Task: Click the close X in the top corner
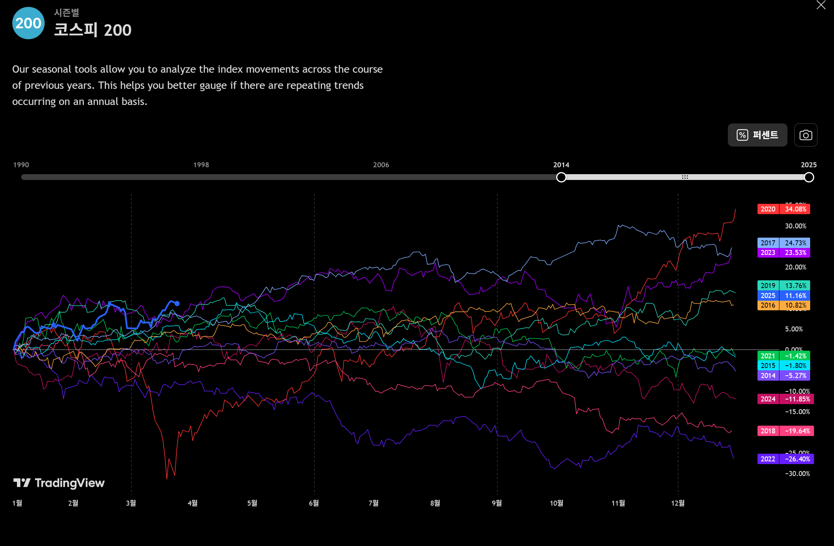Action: click(821, 5)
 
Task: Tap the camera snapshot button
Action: click(806, 135)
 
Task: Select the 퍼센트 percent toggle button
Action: click(757, 135)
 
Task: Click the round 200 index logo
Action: click(28, 23)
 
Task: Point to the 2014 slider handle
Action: click(561, 177)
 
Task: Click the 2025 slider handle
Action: click(809, 177)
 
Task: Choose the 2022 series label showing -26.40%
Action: click(785, 459)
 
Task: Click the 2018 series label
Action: click(785, 431)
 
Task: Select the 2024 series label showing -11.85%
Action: click(785, 399)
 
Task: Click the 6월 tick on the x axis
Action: click(314, 503)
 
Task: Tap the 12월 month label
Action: click(678, 503)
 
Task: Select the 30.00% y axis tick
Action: click(796, 226)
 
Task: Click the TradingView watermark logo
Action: click(59, 483)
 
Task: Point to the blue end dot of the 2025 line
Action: click(177, 303)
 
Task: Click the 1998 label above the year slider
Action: click(201, 165)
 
